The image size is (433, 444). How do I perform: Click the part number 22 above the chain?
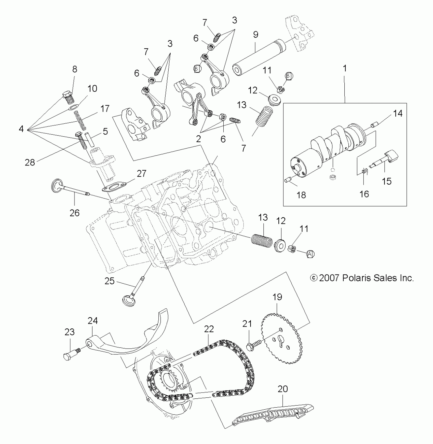point(209,329)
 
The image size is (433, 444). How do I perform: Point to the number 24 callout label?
point(93,320)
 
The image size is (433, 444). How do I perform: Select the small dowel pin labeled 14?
point(374,126)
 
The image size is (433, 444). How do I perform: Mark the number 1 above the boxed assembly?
point(345,68)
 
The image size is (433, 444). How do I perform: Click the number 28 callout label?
point(30,162)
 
